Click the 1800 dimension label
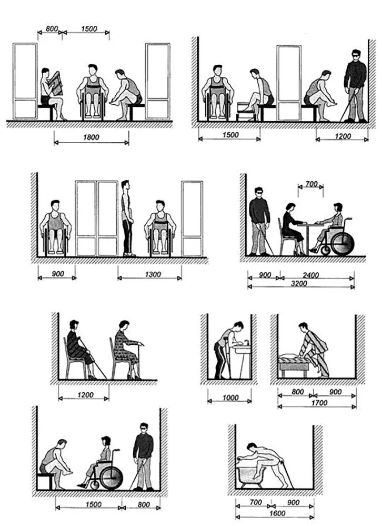(91, 137)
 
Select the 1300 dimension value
(153, 274)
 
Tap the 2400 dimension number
(310, 275)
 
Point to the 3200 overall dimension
(299, 283)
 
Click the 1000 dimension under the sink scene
(230, 398)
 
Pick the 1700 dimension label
(319, 403)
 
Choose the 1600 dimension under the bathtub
(277, 513)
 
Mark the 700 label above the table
(311, 184)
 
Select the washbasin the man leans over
(242, 349)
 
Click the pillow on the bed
(286, 356)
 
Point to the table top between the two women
(309, 224)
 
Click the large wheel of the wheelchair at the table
(342, 243)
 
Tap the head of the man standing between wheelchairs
(125, 185)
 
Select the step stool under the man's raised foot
(246, 112)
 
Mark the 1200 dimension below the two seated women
(85, 395)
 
